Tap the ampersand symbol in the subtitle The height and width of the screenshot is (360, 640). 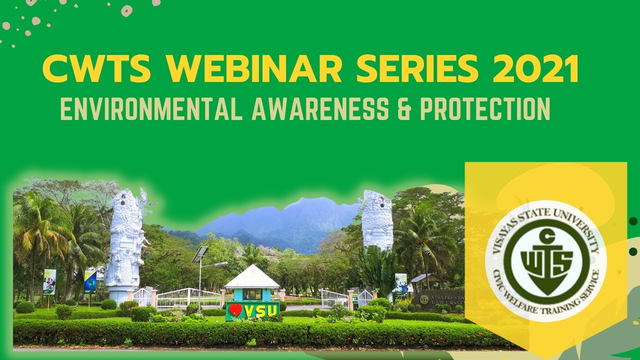pos(403,108)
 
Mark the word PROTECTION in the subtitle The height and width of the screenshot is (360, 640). pos(484,108)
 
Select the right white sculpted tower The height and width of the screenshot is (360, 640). pos(377,220)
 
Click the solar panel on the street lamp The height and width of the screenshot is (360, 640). pos(200,253)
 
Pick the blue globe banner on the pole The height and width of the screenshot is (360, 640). pos(90,281)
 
